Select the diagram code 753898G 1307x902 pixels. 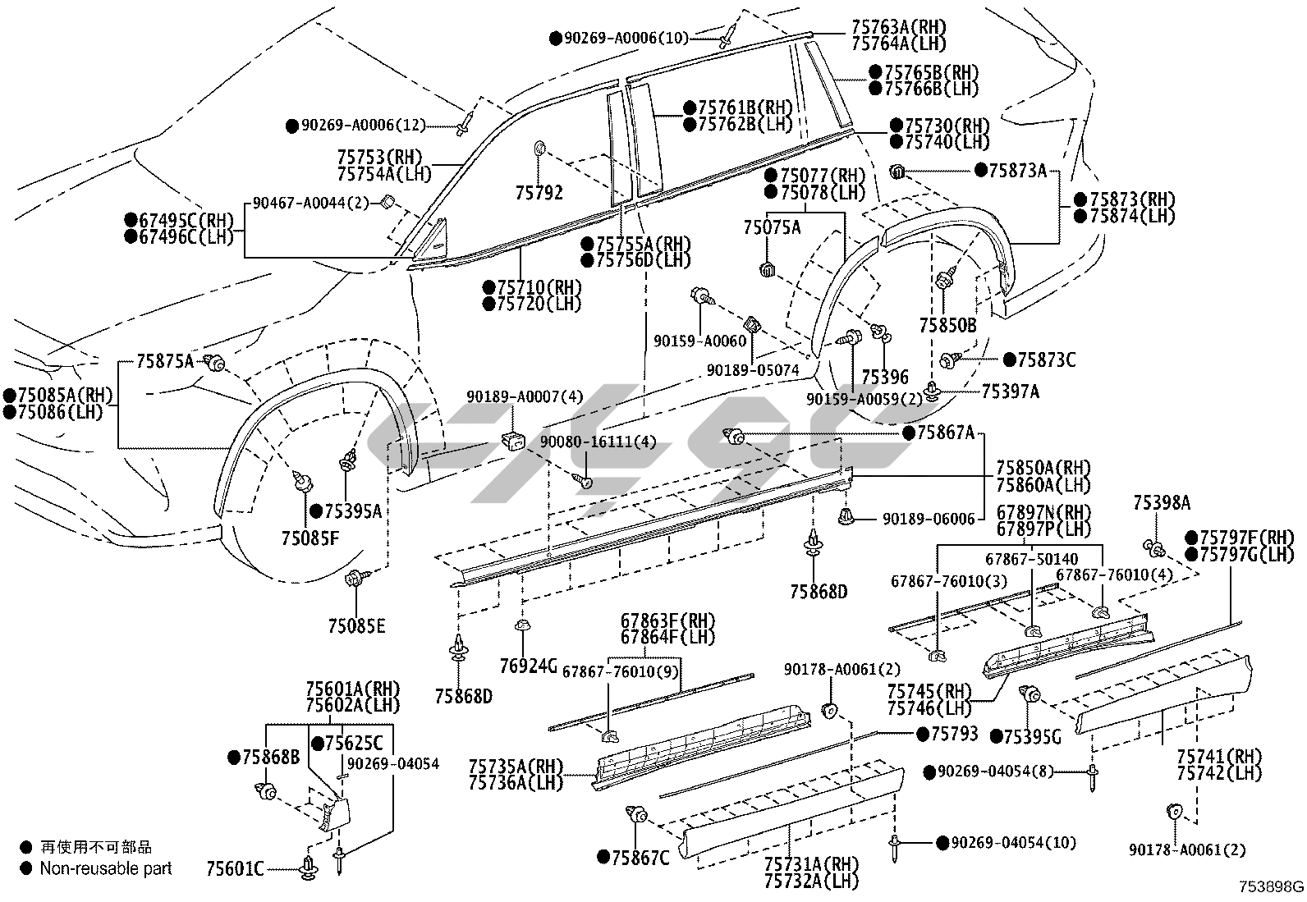point(1272,886)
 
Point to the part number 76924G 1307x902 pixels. point(530,664)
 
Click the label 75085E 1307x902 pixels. point(356,626)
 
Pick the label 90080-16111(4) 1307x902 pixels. point(598,442)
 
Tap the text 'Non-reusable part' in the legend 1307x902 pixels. point(106,868)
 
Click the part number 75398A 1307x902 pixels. point(1162,503)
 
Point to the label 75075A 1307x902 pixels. point(772,227)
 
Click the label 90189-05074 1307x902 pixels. point(753,370)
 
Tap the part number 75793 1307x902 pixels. point(955,733)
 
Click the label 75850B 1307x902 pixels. point(947,325)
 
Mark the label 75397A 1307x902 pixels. point(1010,391)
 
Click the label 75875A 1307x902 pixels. point(165,360)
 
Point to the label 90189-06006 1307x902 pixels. point(929,519)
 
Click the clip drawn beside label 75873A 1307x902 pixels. point(897,172)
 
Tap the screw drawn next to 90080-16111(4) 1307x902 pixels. point(585,482)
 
